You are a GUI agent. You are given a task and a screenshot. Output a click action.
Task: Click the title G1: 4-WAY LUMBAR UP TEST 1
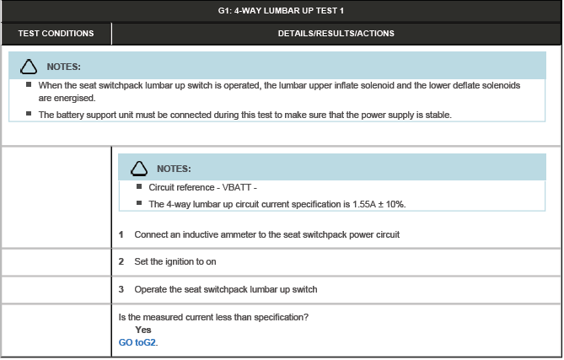[x=282, y=10]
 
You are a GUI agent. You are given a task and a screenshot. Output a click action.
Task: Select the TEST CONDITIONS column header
[x=56, y=34]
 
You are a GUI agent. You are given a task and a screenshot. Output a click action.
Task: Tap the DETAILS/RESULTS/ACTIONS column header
[x=336, y=34]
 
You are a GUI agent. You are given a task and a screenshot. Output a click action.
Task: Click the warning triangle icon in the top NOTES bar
[x=30, y=66]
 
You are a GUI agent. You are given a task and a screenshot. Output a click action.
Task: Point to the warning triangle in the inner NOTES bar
[x=141, y=169]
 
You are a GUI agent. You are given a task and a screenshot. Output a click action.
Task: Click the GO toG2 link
[x=138, y=342]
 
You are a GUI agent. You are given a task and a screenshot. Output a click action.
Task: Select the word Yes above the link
[x=143, y=330]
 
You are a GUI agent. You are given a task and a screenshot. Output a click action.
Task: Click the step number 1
[x=121, y=234]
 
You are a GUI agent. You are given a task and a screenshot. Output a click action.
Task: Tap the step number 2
[x=121, y=262]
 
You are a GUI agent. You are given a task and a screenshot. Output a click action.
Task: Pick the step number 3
[x=121, y=289]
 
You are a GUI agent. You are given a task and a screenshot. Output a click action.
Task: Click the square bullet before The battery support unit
[x=29, y=114]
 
